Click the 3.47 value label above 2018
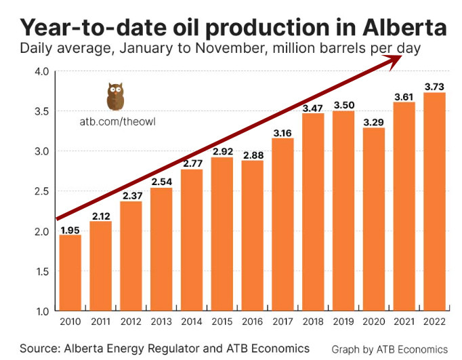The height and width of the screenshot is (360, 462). (313, 107)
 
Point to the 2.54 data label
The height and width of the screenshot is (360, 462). (161, 182)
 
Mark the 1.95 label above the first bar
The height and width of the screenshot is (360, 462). (70, 229)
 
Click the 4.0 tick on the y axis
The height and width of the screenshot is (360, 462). (41, 71)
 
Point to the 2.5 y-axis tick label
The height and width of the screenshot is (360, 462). (41, 191)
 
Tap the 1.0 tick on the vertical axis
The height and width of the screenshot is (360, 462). (41, 311)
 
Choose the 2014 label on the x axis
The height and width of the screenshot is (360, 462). (191, 322)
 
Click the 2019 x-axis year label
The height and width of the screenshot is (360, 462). (343, 322)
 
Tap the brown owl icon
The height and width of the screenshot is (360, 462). (115, 97)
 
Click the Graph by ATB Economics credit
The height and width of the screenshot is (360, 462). (390, 348)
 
